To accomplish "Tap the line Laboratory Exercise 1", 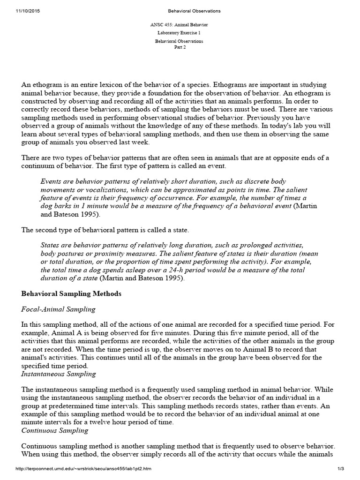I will [x=180, y=33].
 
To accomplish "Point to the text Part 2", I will [x=180, y=47].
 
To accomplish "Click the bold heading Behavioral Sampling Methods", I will [x=72, y=294].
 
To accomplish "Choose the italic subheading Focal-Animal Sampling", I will [x=59, y=309].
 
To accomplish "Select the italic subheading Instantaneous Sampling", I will [x=59, y=374].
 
